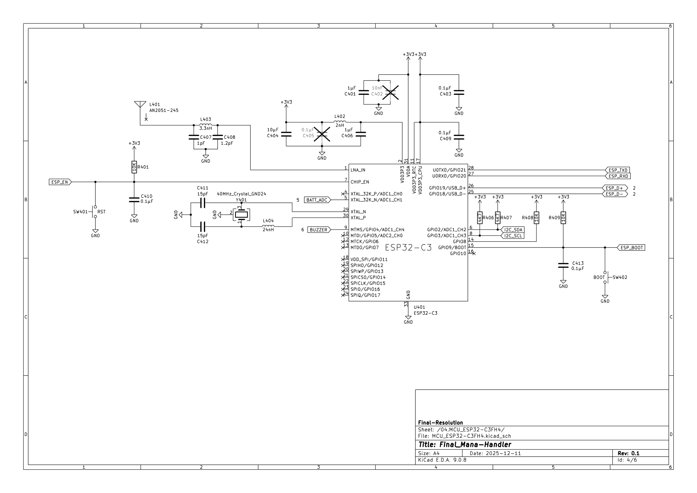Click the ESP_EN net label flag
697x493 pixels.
coord(60,182)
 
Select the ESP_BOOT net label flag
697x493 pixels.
coord(631,248)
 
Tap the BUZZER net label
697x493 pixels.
coord(319,230)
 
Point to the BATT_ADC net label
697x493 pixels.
coord(317,200)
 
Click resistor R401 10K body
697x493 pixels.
coord(134,167)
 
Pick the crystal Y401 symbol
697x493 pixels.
coord(241,215)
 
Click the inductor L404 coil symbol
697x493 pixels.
coord(268,226)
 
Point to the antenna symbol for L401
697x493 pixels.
coord(140,105)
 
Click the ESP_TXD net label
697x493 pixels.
coord(617,170)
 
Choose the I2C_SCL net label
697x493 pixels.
coord(512,236)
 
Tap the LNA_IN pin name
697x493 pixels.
coord(358,170)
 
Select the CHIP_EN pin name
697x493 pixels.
coord(360,182)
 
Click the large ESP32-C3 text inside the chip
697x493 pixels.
coord(408,248)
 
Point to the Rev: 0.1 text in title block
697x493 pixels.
coord(628,453)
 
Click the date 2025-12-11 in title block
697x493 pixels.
coord(503,453)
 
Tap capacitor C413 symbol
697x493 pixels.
coord(563,266)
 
